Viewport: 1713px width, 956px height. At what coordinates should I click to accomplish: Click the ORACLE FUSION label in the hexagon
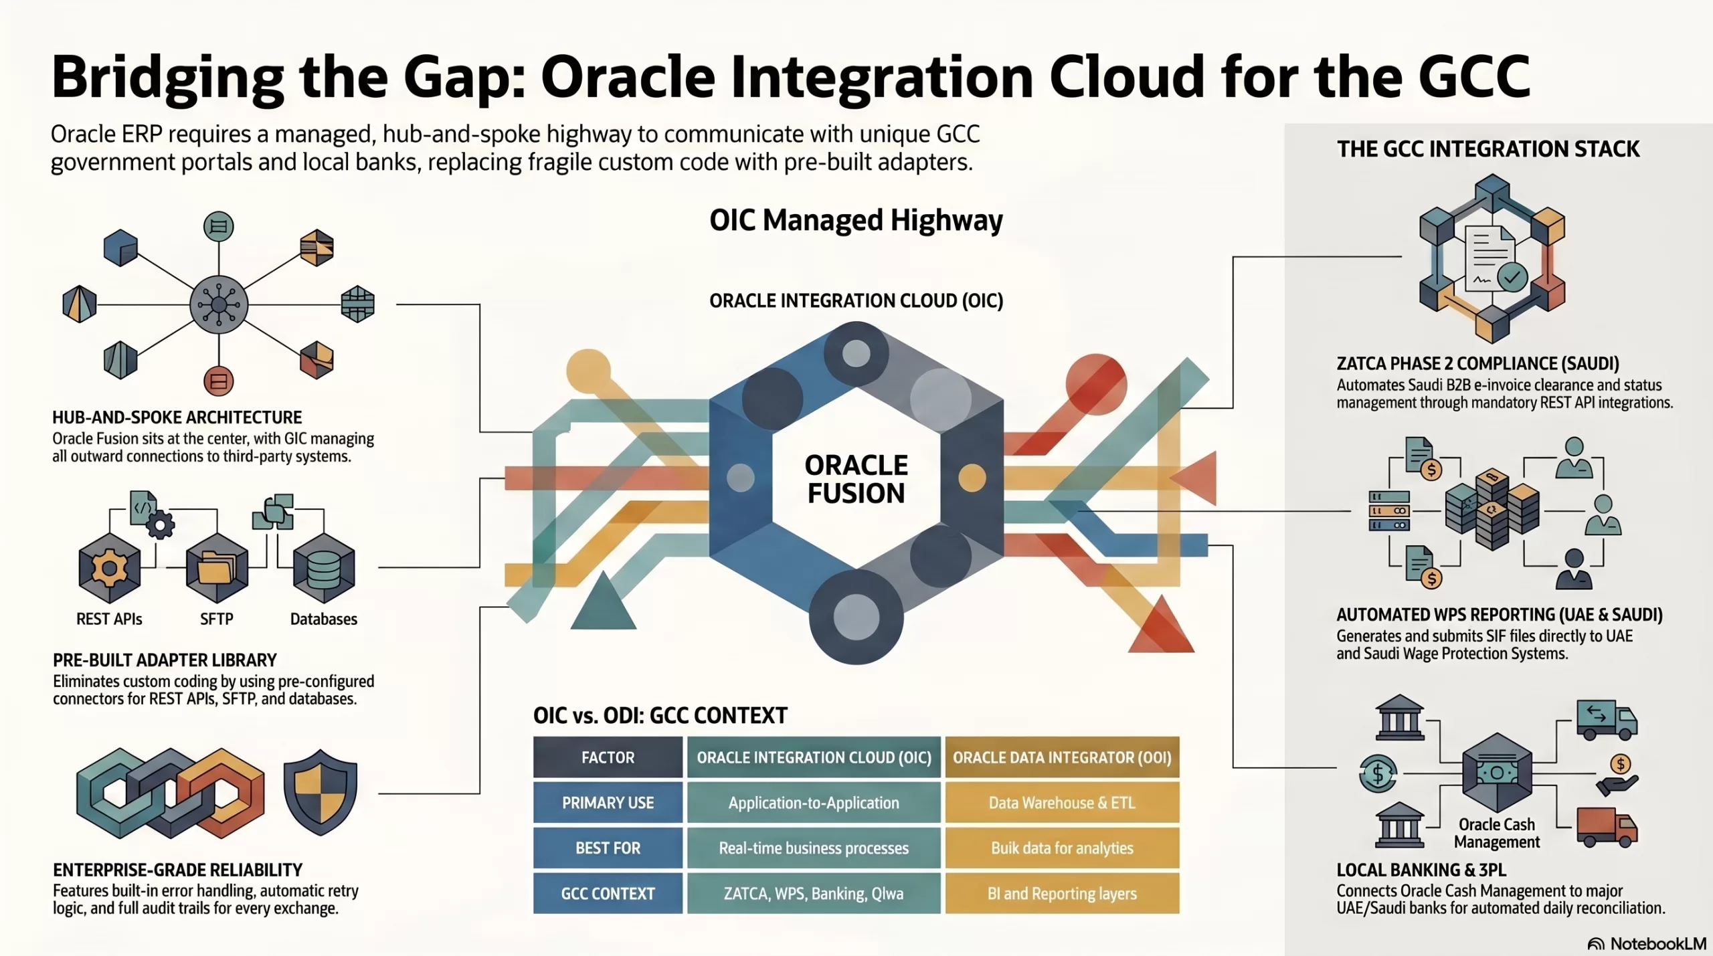click(x=856, y=479)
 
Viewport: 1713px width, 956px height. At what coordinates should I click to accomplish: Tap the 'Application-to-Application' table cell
click(x=814, y=803)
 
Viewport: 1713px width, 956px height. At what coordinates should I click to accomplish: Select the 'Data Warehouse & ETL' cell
click(x=1062, y=803)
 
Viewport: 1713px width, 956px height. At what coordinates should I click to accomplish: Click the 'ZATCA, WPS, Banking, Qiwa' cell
click(x=814, y=894)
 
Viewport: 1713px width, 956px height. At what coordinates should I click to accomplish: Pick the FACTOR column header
click(x=608, y=757)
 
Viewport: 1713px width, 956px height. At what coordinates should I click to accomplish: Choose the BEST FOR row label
click(x=608, y=848)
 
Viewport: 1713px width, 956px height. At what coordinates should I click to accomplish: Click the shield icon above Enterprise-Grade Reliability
click(x=320, y=792)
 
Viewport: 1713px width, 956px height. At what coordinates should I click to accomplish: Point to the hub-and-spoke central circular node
click(x=219, y=305)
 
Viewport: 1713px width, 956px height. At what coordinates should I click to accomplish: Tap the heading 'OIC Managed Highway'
click(x=856, y=220)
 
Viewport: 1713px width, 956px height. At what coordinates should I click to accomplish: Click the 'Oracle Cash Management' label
click(x=1497, y=833)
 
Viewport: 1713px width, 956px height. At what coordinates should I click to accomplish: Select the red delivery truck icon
click(x=1606, y=827)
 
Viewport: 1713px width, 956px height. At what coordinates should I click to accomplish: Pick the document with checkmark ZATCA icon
click(x=1492, y=259)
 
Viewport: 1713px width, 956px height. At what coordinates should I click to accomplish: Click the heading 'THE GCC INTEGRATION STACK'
click(x=1488, y=149)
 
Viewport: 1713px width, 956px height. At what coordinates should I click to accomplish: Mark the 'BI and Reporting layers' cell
click(x=1062, y=894)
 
